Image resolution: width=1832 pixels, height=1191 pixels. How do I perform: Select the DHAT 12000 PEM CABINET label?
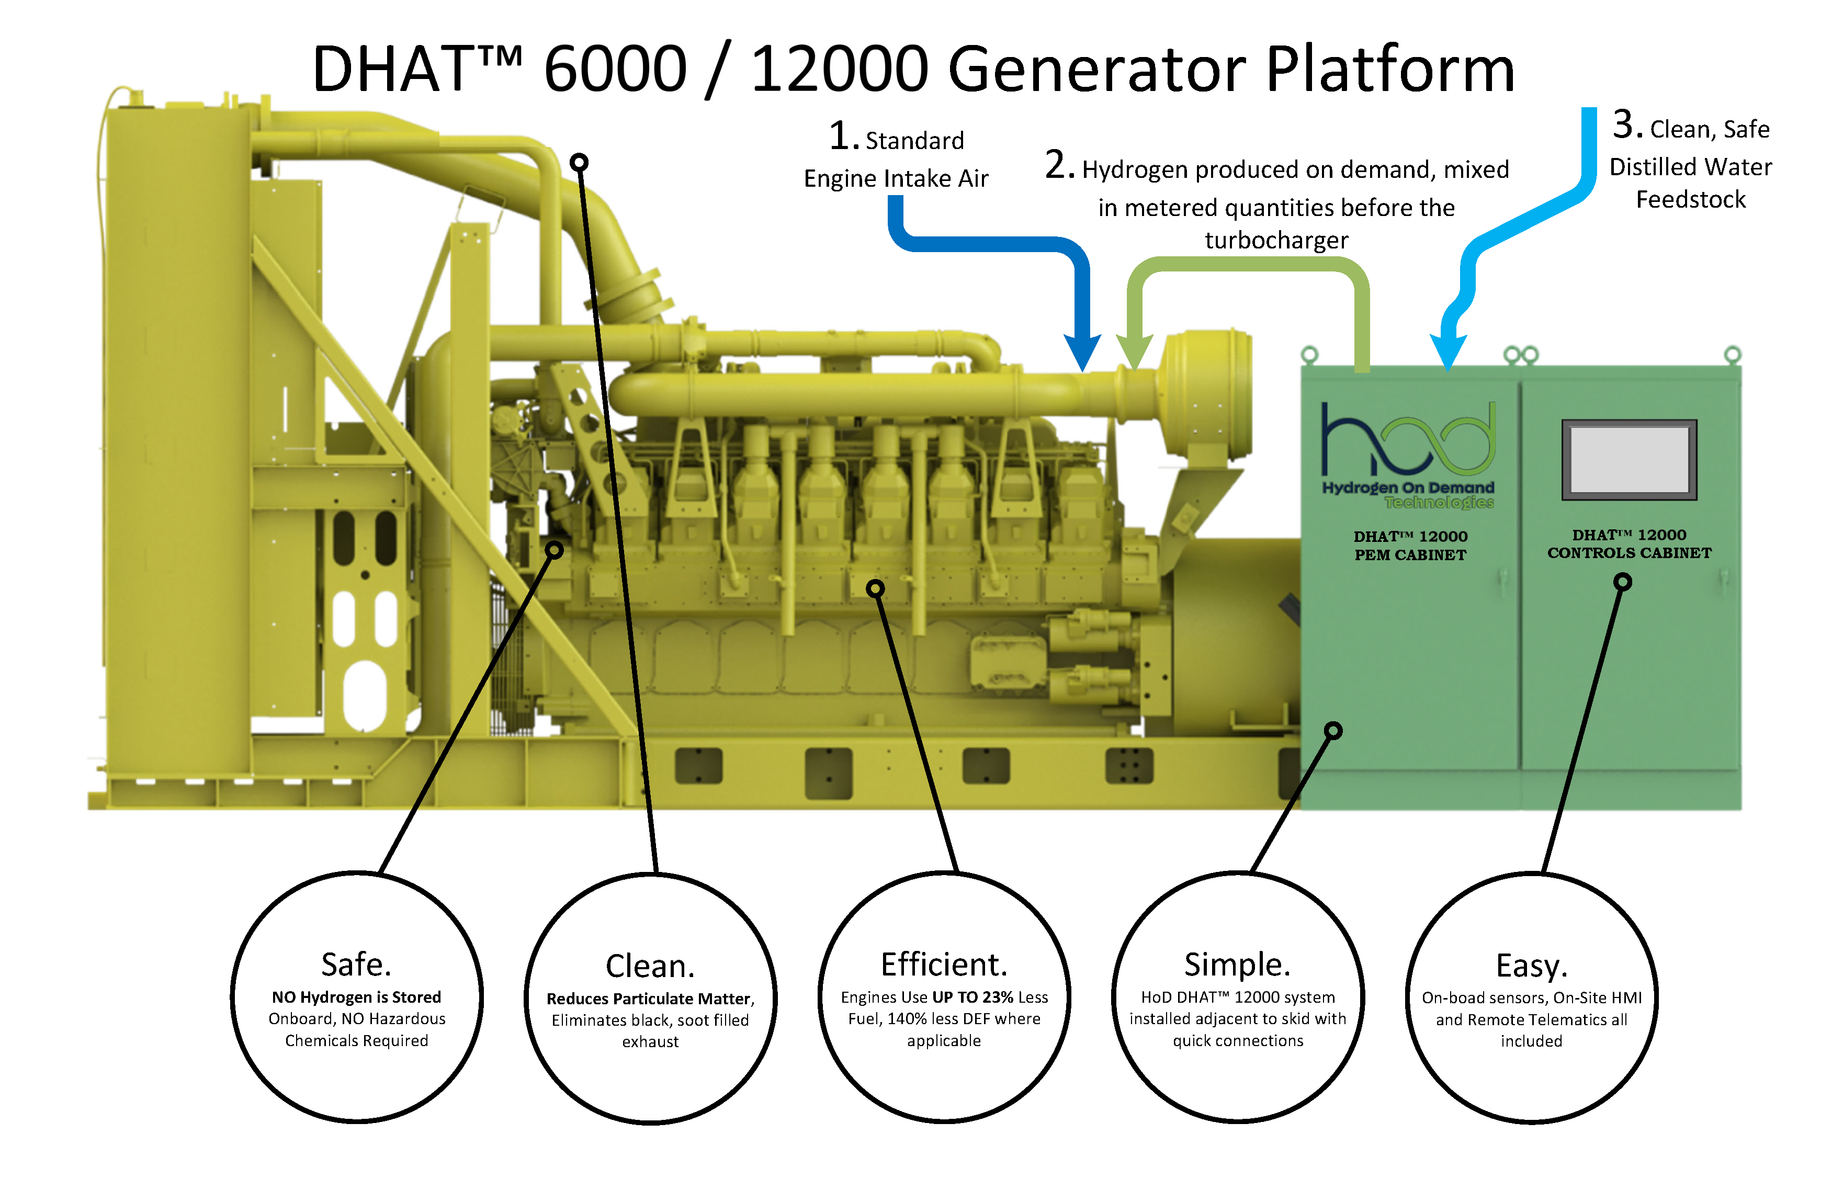tap(1410, 545)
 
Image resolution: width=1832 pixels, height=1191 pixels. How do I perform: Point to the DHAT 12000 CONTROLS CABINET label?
tap(1629, 543)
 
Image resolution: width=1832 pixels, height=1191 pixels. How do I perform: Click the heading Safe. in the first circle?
tap(356, 964)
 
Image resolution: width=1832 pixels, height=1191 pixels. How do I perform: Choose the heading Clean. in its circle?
tap(650, 966)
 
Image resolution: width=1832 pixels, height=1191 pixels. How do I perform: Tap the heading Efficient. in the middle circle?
tap(944, 964)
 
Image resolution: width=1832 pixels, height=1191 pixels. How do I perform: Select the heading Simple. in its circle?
tap(1237, 964)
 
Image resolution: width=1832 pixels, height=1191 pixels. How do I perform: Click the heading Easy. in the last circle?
tap(1531, 966)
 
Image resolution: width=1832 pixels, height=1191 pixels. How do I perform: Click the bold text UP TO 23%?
tap(973, 997)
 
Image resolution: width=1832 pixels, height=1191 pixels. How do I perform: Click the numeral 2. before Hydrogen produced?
tap(1059, 165)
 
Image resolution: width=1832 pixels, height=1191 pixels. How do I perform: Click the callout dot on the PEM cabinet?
tap(1333, 730)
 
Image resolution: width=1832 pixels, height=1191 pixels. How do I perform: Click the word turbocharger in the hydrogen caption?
tap(1276, 240)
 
